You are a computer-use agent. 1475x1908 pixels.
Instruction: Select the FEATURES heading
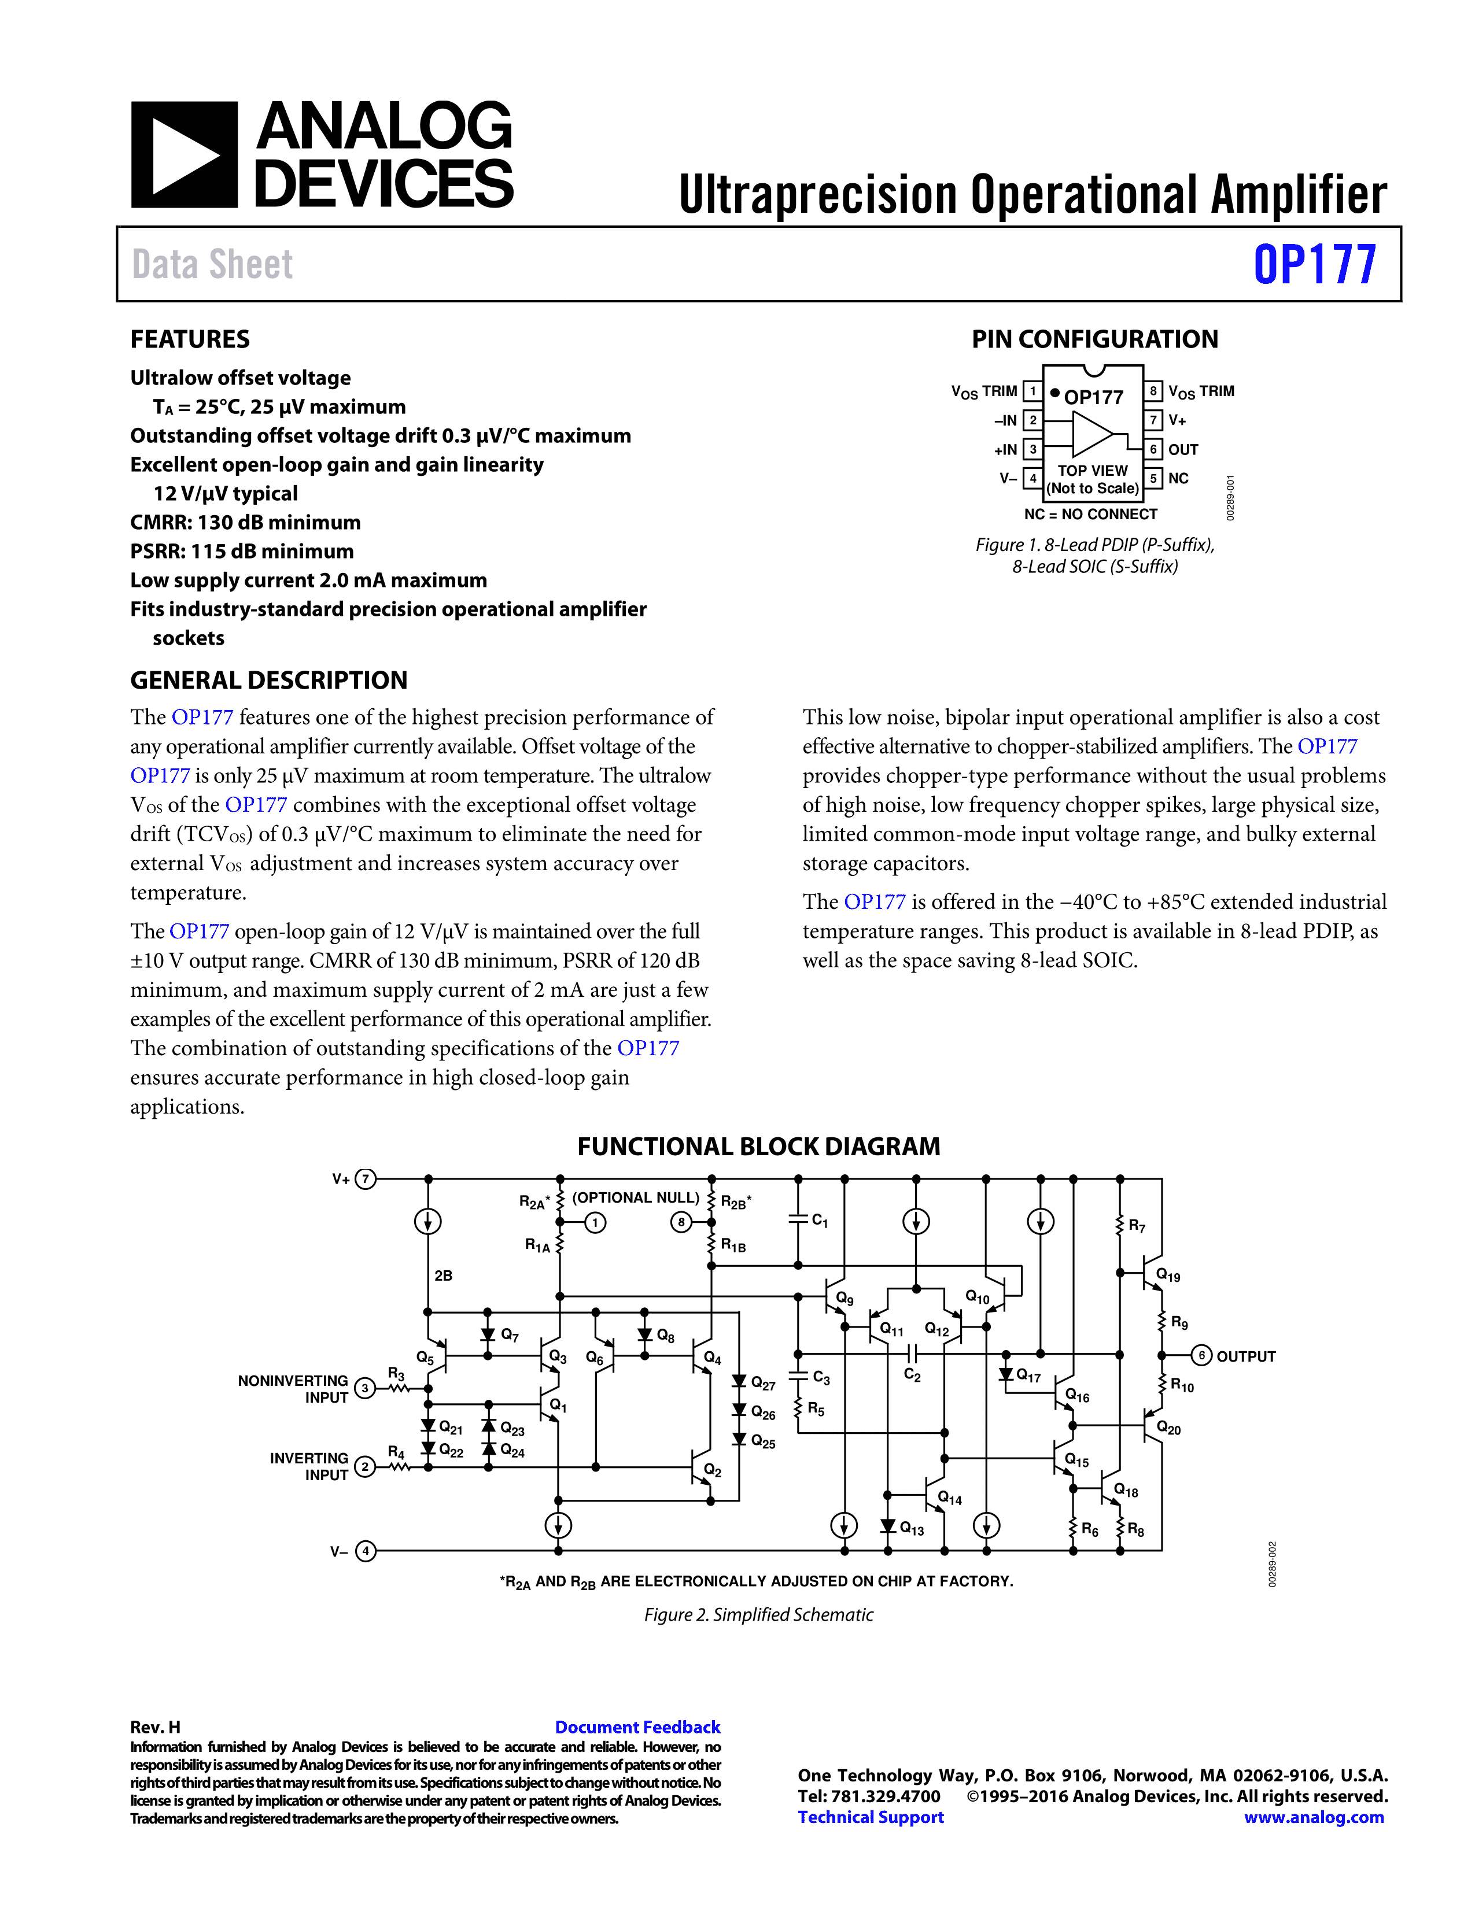pyautogui.click(x=190, y=339)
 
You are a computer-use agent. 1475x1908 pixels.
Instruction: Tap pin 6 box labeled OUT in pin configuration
pyautogui.click(x=1153, y=449)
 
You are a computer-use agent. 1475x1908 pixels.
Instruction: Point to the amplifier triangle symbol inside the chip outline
pyautogui.click(x=1092, y=434)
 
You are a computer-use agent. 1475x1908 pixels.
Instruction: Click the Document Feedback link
pyautogui.click(x=637, y=1727)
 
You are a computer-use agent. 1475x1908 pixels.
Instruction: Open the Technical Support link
pyautogui.click(x=871, y=1817)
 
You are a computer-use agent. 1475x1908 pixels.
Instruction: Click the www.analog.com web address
pyautogui.click(x=1314, y=1817)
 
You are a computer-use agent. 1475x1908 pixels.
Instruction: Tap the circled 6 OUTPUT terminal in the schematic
pyautogui.click(x=1201, y=1355)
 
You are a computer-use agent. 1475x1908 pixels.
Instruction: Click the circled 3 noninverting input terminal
pyautogui.click(x=365, y=1387)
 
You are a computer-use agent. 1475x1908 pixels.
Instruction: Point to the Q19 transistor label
pyautogui.click(x=1168, y=1275)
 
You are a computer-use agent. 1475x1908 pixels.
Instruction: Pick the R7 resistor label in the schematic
pyautogui.click(x=1136, y=1226)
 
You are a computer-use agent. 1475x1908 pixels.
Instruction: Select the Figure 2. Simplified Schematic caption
pyautogui.click(x=758, y=1614)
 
